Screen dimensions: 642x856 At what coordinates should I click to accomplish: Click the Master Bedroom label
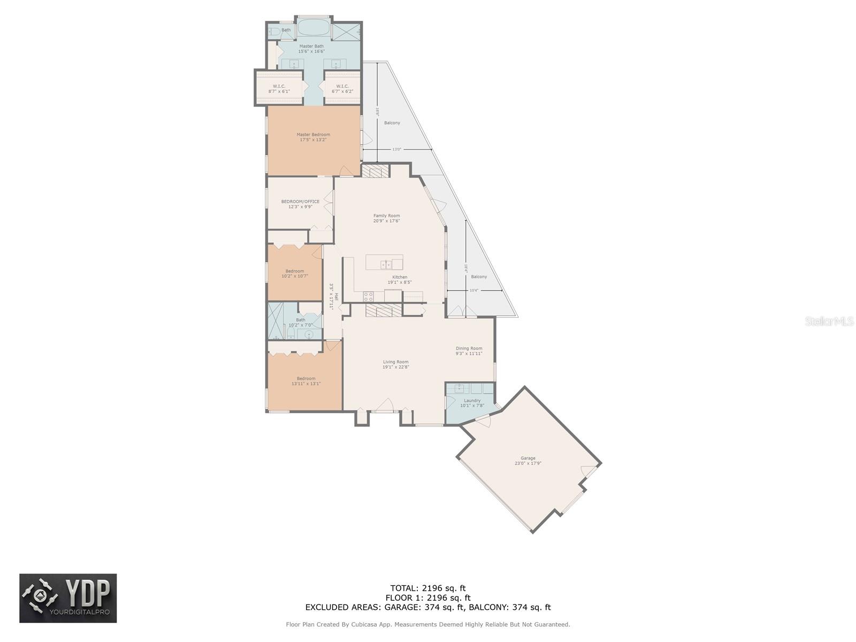point(313,135)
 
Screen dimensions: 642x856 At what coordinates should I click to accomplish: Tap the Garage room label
point(528,458)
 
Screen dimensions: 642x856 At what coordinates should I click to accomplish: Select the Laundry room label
point(472,401)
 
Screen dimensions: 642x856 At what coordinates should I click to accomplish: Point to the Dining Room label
point(469,348)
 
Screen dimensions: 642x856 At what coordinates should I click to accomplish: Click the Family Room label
point(386,216)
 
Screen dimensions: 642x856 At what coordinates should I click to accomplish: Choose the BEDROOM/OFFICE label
point(300,202)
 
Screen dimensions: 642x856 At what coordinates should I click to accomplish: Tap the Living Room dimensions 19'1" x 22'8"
point(395,368)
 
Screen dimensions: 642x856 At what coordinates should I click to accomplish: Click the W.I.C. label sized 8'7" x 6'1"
point(279,86)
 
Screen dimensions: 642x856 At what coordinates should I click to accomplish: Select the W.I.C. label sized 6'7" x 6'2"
point(342,86)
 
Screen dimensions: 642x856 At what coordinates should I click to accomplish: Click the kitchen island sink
point(385,264)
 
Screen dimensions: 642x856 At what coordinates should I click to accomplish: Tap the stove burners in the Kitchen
point(369,295)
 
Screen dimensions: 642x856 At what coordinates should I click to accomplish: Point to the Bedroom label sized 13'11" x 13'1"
point(306,379)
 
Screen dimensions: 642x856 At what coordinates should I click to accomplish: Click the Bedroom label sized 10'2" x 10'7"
point(294,271)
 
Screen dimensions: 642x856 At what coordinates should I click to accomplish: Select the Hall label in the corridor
point(337,297)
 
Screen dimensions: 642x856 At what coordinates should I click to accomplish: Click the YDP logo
point(68,598)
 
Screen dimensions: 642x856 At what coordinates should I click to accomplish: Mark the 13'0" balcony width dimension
point(396,150)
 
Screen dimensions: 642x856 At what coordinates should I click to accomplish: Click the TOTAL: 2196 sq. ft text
point(427,588)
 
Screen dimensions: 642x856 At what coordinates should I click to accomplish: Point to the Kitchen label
point(400,277)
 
